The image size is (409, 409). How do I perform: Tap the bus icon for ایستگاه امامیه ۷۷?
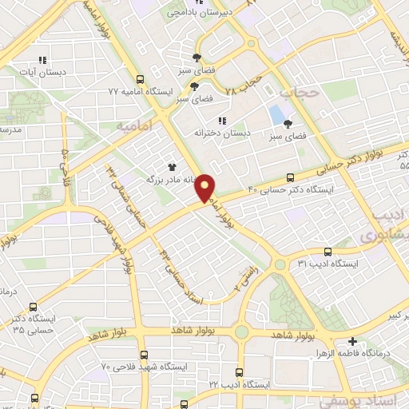point(141,79)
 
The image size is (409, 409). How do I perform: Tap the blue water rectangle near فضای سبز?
point(276,113)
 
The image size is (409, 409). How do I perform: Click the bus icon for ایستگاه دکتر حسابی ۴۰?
point(290,178)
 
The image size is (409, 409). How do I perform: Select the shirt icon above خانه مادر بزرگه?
point(172,168)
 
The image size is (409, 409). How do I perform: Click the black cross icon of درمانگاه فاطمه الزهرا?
point(352,341)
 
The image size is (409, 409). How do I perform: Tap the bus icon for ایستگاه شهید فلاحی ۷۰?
point(144,355)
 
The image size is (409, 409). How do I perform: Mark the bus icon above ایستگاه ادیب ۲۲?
point(240,371)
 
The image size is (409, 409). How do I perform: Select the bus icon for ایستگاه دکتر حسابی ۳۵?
point(33,306)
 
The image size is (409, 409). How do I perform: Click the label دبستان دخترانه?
point(224,133)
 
